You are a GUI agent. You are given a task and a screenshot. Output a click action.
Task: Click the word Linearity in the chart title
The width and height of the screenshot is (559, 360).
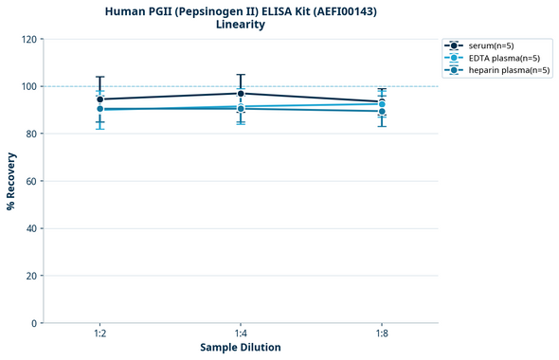click(241, 25)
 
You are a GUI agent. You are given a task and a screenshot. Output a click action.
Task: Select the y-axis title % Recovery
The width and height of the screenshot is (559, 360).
click(11, 181)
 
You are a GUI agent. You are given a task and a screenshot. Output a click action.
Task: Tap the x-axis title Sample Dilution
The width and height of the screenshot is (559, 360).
click(241, 348)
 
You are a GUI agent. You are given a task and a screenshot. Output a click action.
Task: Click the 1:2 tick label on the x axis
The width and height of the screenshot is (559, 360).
click(99, 333)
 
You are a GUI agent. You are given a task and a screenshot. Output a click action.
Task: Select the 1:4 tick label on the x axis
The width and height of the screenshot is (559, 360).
click(241, 333)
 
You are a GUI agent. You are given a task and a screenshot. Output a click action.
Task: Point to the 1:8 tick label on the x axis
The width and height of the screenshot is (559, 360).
click(382, 333)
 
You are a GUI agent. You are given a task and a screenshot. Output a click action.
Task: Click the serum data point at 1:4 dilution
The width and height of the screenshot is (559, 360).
click(241, 93)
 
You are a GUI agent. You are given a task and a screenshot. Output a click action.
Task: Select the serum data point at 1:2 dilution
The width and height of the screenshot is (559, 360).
click(99, 99)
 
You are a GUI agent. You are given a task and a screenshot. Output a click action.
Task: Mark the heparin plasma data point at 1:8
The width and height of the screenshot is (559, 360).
click(382, 111)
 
